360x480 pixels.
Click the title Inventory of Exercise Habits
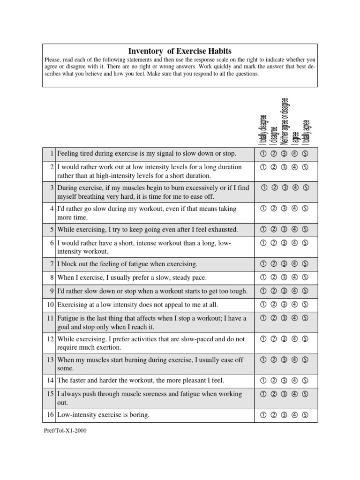click(180, 51)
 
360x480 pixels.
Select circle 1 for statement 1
click(262, 153)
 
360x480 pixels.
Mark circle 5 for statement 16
click(305, 414)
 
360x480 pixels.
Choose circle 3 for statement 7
click(284, 264)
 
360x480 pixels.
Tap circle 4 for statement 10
click(294, 304)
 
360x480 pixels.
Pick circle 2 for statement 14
click(273, 380)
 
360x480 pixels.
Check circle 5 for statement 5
click(305, 229)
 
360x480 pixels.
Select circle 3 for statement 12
click(284, 339)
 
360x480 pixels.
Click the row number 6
click(52, 243)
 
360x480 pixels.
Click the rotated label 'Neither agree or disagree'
click(285, 121)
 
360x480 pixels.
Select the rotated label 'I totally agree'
click(307, 132)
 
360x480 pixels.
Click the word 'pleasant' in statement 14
click(186, 380)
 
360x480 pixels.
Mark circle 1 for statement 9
click(262, 291)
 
